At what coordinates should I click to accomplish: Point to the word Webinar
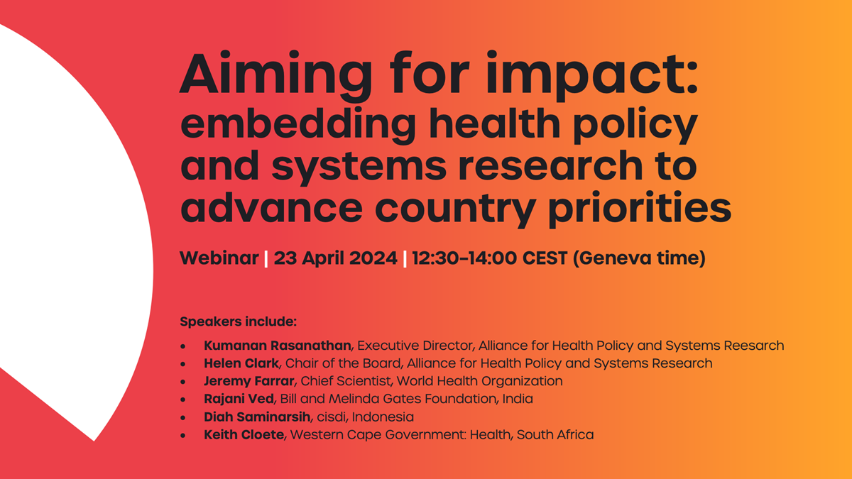click(219, 258)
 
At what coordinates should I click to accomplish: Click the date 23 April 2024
click(335, 258)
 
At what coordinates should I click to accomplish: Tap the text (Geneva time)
click(638, 258)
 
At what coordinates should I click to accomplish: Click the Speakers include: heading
click(238, 321)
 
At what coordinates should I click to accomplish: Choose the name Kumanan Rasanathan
click(277, 346)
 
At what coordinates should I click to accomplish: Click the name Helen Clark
click(241, 363)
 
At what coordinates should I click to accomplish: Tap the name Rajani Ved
click(239, 399)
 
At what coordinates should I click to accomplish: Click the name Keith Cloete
click(244, 434)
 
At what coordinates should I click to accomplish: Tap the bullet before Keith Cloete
click(184, 435)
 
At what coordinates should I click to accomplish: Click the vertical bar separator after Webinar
click(266, 258)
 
